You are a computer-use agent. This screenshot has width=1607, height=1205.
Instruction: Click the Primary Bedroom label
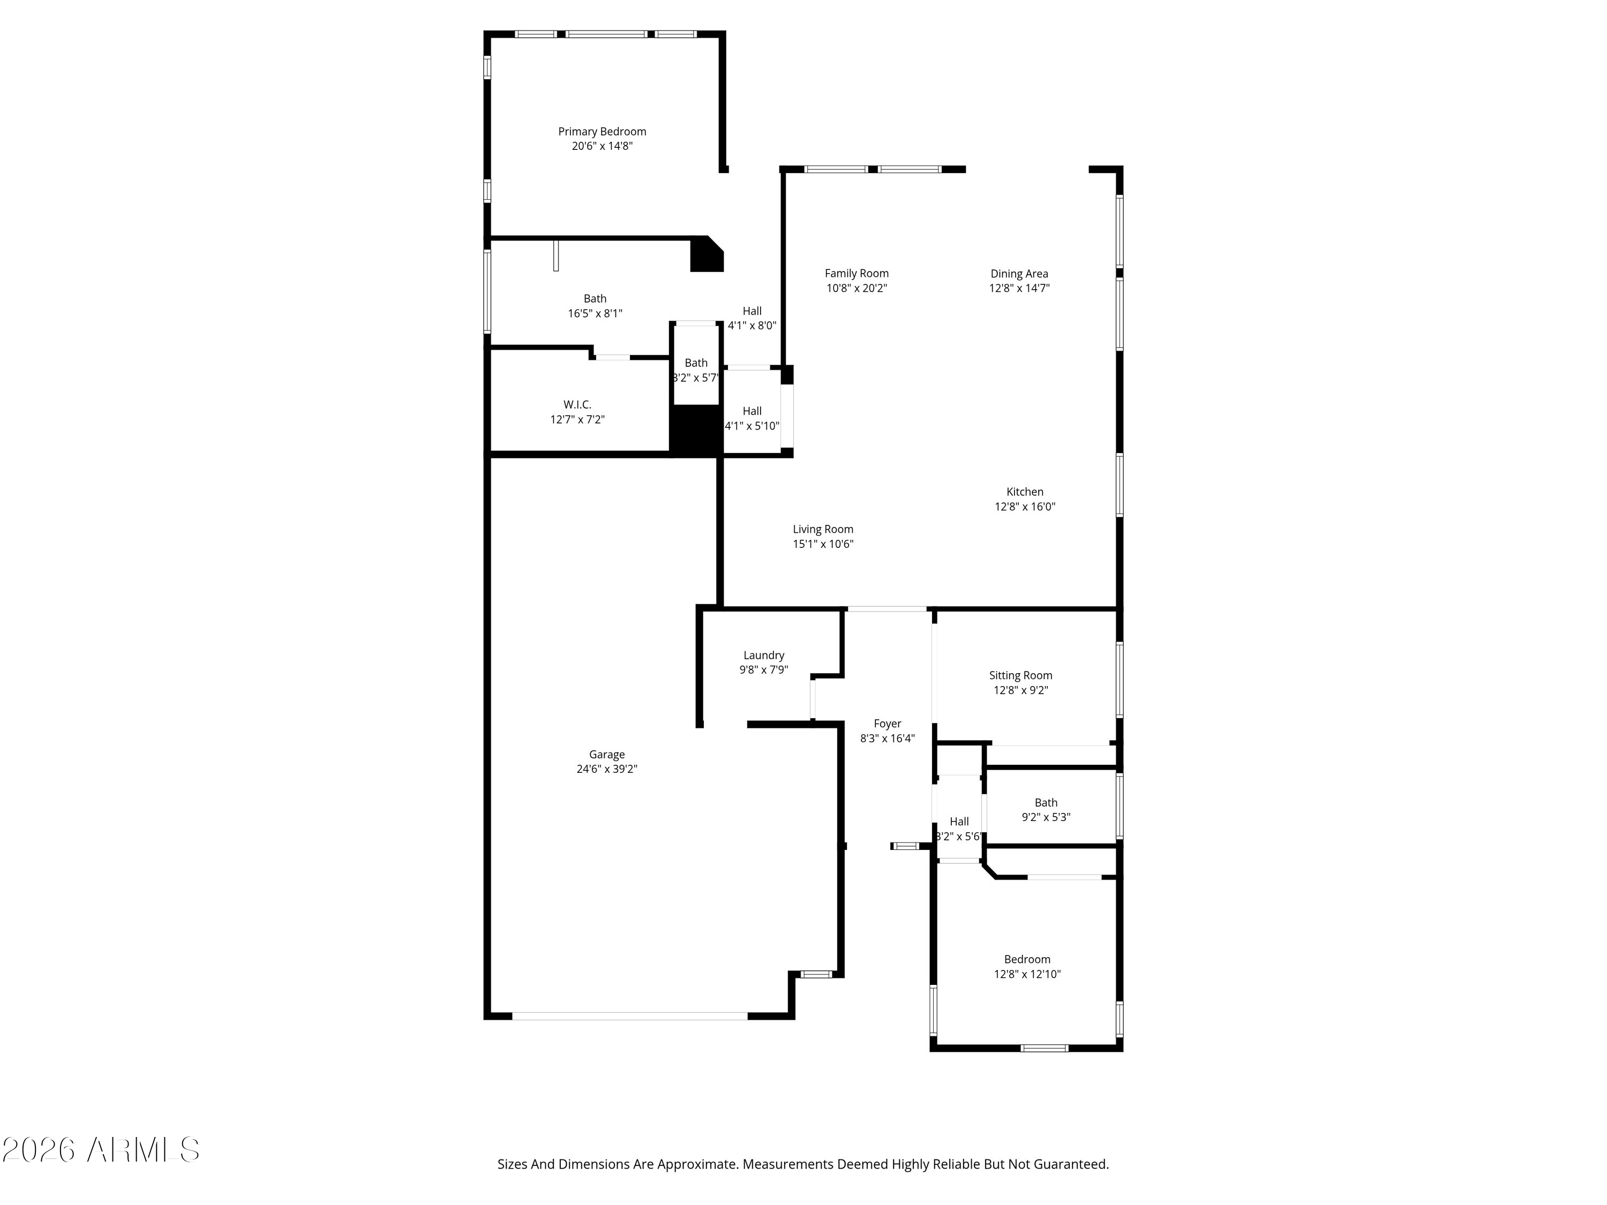click(x=602, y=131)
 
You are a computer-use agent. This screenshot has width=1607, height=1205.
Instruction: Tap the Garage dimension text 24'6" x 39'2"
click(x=606, y=769)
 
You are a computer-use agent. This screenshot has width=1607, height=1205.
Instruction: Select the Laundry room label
click(x=763, y=655)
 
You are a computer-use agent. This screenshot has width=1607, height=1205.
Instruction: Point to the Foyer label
click(x=887, y=724)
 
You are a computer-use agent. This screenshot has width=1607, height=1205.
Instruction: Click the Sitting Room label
click(x=1020, y=675)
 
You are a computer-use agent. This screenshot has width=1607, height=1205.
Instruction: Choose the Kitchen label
click(x=1024, y=492)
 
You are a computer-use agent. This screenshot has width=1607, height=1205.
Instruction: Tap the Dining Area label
click(x=1018, y=274)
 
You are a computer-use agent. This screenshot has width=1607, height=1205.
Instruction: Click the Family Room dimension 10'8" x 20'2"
click(x=857, y=288)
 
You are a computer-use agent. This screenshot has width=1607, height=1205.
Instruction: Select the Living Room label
click(x=822, y=530)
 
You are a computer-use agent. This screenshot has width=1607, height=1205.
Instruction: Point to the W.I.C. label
click(x=577, y=404)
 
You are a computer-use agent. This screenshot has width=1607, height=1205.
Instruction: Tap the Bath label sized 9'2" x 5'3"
click(x=1046, y=803)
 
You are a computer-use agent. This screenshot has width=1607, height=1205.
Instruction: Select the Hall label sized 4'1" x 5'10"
click(x=752, y=411)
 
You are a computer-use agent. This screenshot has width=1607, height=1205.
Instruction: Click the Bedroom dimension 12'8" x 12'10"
click(x=1027, y=974)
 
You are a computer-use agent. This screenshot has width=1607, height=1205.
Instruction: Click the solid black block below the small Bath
click(x=695, y=430)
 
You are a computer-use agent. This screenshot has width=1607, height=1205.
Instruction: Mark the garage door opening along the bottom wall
click(x=629, y=1016)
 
